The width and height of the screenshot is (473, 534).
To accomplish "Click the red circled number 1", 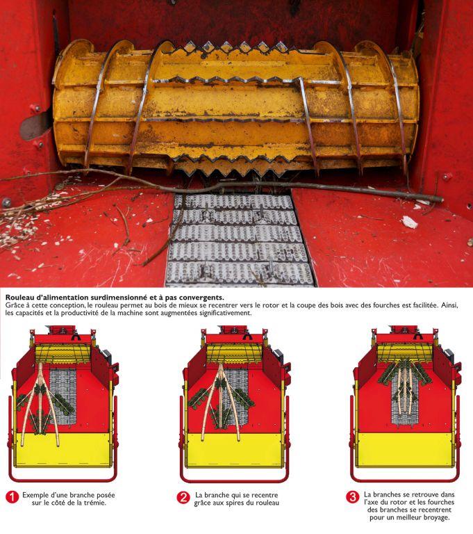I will tap(12, 497).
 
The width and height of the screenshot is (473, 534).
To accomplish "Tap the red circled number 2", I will tap(183, 497).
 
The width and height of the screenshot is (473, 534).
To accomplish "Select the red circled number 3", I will tap(353, 497).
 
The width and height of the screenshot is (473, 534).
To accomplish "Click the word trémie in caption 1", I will tap(93, 503).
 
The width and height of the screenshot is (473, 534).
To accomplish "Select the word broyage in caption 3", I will tap(432, 517).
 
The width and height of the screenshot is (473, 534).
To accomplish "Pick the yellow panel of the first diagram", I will tap(63, 450).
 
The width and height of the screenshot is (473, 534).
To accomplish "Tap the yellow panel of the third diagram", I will tap(406, 450).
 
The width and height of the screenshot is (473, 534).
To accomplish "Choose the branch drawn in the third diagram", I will tap(406, 389).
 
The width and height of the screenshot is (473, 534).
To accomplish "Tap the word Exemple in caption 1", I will tap(38, 494).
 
